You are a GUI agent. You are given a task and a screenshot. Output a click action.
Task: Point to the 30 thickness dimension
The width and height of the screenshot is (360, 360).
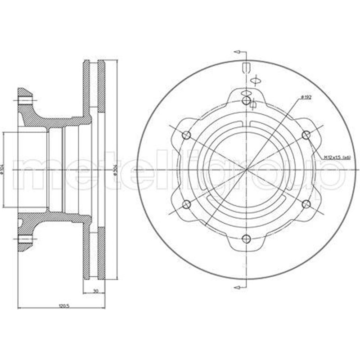pos(95,291)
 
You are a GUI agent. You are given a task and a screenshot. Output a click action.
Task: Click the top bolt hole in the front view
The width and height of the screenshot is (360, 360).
pos(246,100)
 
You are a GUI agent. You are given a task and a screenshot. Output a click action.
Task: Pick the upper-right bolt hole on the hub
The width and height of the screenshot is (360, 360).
pos(306,135)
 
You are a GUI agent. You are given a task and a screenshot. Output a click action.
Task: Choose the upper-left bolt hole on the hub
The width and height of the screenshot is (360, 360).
pos(186,135)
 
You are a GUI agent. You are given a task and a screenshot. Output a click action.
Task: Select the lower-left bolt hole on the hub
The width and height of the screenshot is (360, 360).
pos(186,204)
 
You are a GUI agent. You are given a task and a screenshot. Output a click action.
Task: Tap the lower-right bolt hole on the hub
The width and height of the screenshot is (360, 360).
pos(306,204)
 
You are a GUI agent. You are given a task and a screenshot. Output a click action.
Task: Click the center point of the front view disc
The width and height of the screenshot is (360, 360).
pos(246,170)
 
